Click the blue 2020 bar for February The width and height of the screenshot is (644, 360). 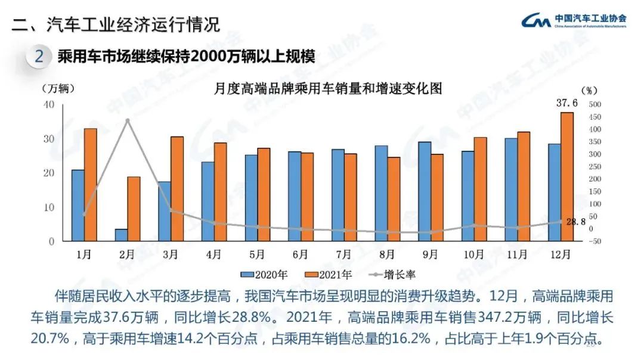121,235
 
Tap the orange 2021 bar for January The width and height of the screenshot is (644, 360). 90,185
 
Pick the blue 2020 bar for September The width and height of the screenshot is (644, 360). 425,191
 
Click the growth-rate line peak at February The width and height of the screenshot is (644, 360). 127,120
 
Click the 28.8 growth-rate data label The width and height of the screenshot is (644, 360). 575,221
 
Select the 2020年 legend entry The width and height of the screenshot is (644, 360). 264,275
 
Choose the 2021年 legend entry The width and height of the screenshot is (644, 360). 329,275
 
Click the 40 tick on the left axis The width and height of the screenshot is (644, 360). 49,104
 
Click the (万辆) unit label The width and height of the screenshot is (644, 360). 58,89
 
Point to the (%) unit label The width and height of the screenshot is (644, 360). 588,91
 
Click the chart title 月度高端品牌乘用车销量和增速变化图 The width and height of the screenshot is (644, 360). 328,89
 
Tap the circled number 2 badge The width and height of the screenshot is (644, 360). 39,57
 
